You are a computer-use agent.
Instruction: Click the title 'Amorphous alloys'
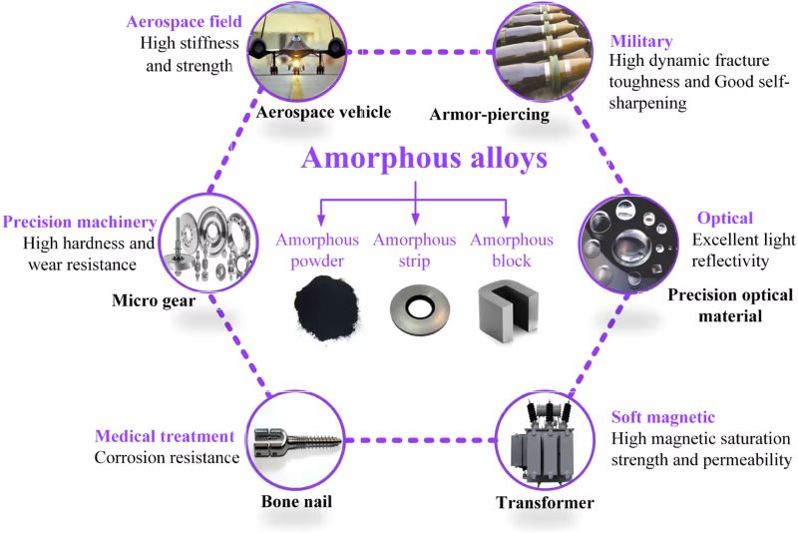(413, 160)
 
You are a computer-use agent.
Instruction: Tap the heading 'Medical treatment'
(165, 436)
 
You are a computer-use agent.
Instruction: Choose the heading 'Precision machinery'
(80, 222)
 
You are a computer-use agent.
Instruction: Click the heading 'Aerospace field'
(178, 22)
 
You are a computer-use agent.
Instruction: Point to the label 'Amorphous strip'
(415, 251)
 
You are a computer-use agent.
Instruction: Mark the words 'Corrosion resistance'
(168, 458)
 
